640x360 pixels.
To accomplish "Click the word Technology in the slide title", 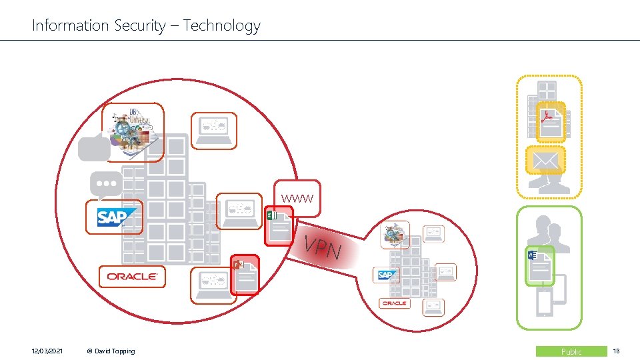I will tap(221, 26).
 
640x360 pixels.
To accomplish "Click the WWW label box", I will tap(296, 199).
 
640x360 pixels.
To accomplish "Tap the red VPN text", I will tap(323, 248).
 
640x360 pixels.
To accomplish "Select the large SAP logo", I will tap(115, 217).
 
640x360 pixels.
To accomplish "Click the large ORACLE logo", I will tap(131, 276).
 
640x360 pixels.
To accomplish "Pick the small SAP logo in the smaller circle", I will tap(385, 275).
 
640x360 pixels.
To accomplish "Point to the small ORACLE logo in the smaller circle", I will tap(394, 303).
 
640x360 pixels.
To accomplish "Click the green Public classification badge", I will tap(571, 351).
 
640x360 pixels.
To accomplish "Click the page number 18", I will tap(615, 351).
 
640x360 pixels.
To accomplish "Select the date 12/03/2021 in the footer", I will tap(47, 351).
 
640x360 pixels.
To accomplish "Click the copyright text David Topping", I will tap(111, 351).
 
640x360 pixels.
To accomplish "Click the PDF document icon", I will tap(551, 122).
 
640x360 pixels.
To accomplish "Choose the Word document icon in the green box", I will tap(539, 265).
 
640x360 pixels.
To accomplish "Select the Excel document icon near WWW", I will tap(279, 225).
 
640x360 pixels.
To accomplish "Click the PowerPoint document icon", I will tap(244, 275).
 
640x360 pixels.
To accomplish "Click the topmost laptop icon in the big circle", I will tap(213, 130).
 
